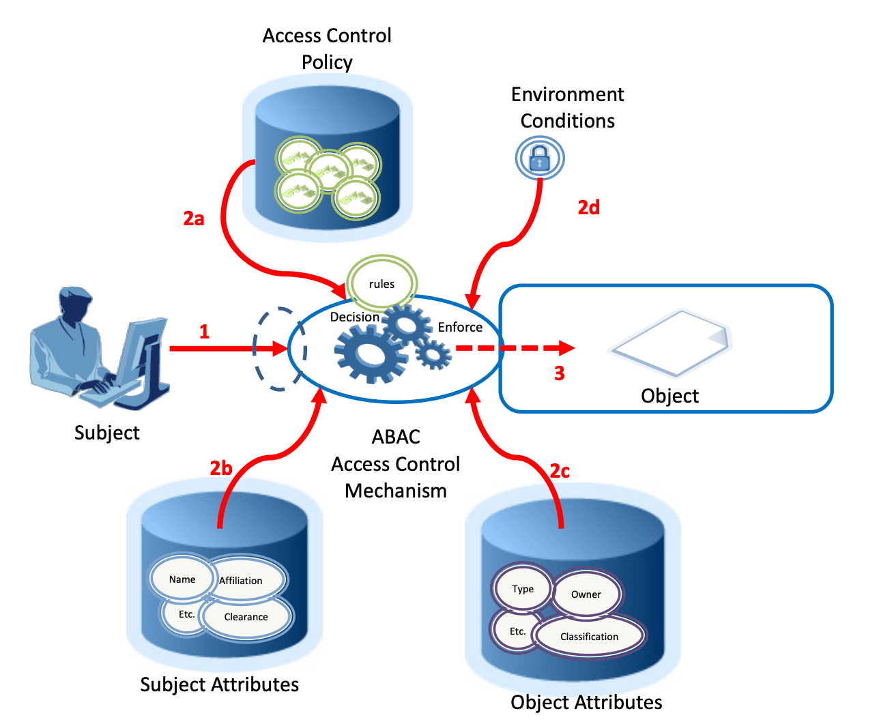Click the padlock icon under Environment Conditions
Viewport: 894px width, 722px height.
pyautogui.click(x=539, y=159)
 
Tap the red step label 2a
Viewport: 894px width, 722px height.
pyautogui.click(x=194, y=218)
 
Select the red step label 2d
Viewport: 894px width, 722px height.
pyautogui.click(x=588, y=207)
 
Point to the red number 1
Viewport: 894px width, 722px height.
pyautogui.click(x=204, y=332)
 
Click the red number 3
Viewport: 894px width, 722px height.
pyautogui.click(x=560, y=373)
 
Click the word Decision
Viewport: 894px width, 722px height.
pyautogui.click(x=354, y=317)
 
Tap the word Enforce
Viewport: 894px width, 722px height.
pyautogui.click(x=460, y=328)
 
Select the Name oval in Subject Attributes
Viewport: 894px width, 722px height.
pyautogui.click(x=182, y=579)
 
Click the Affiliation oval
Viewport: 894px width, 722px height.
pyautogui.click(x=242, y=581)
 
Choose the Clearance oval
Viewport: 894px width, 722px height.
pyautogui.click(x=246, y=617)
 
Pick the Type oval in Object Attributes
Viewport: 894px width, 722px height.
pyautogui.click(x=523, y=589)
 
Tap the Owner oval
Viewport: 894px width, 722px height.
pyautogui.click(x=586, y=594)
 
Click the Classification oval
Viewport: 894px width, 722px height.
pyautogui.click(x=590, y=637)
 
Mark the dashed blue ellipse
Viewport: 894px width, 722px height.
pyautogui.click(x=278, y=349)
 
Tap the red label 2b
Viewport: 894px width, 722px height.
pyautogui.click(x=221, y=468)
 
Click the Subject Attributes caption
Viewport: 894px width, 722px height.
pyautogui.click(x=219, y=684)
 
